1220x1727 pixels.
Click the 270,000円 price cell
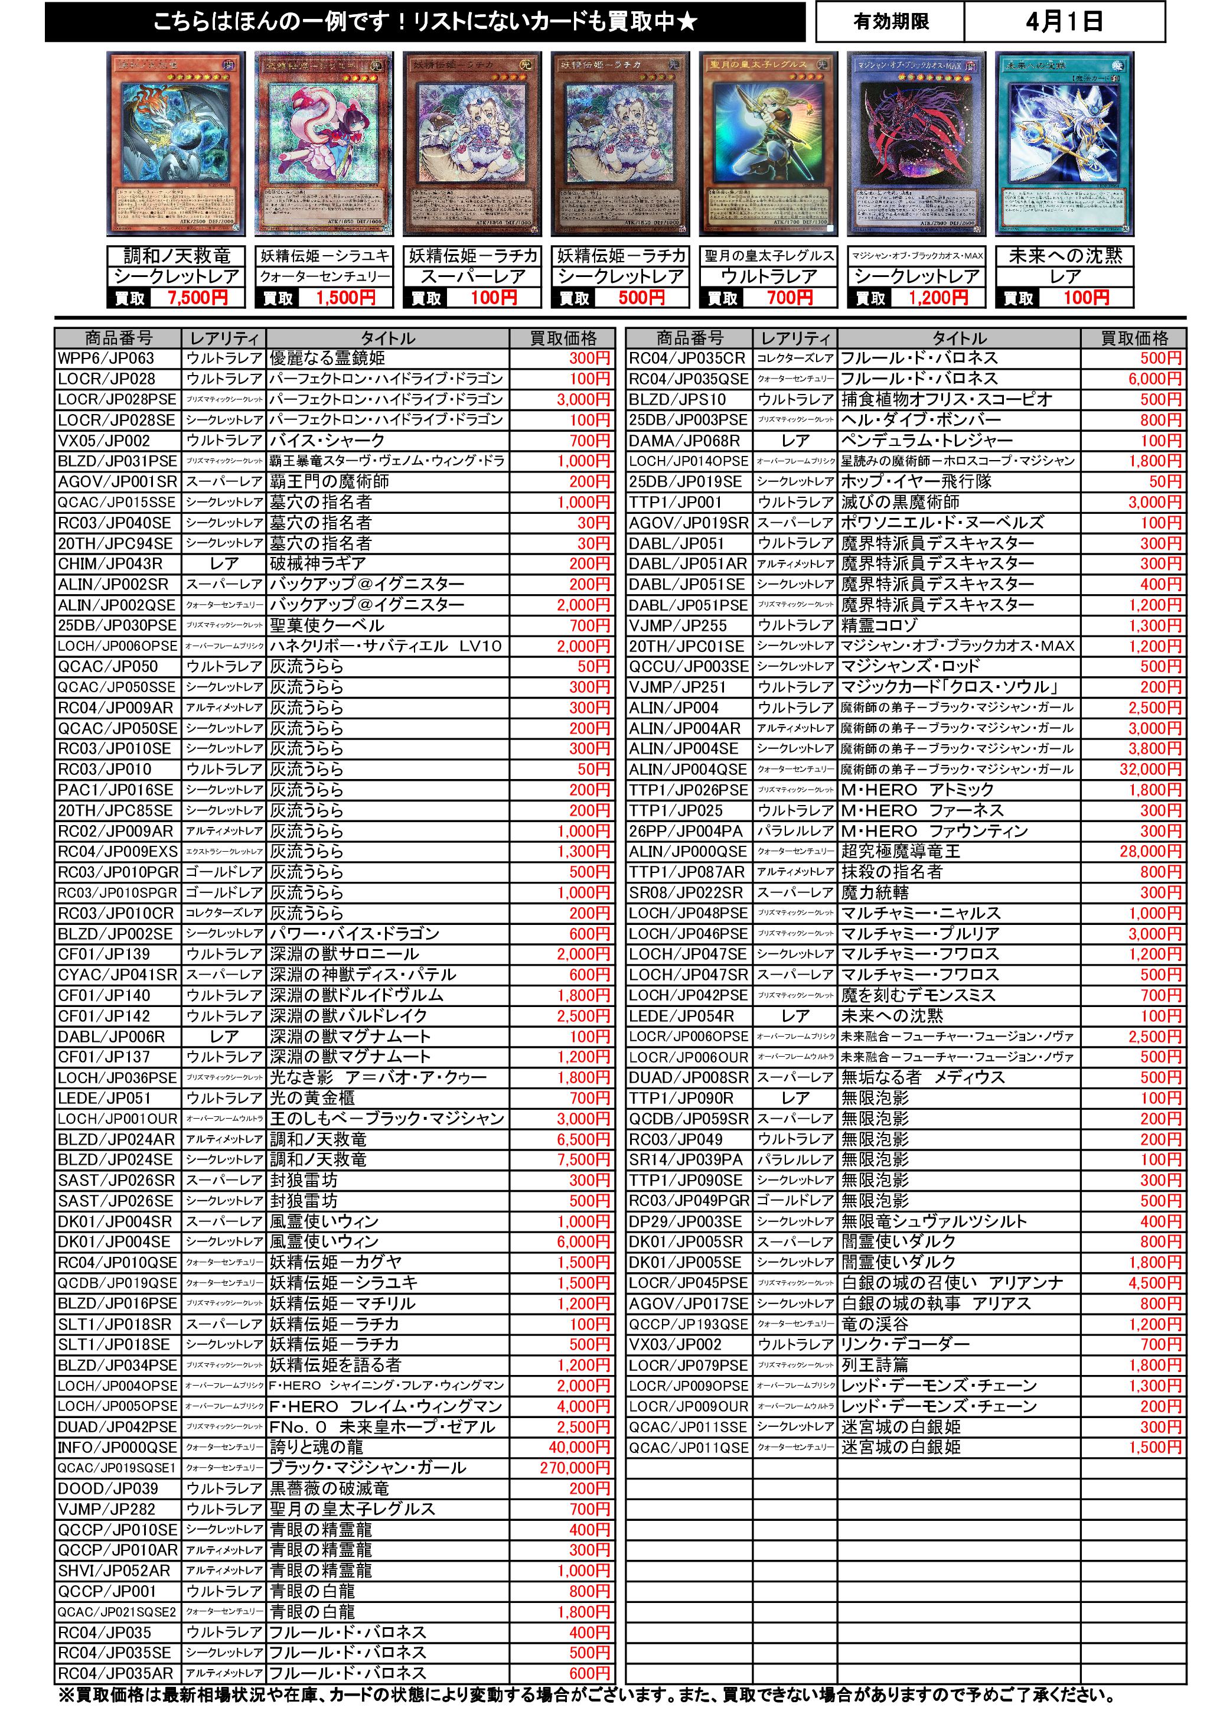[x=575, y=1468]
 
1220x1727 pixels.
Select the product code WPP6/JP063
[x=105, y=358]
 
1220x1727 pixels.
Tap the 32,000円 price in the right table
[x=1150, y=769]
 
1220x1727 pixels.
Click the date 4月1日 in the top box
[x=1064, y=22]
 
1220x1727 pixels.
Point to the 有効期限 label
[x=890, y=22]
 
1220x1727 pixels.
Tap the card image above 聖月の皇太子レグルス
[x=768, y=143]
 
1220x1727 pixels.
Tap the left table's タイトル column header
[x=387, y=338]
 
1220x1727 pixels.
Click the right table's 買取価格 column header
[x=1134, y=338]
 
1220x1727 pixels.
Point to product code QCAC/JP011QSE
[x=688, y=1446]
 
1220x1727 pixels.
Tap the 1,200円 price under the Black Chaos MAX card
[x=937, y=298]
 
